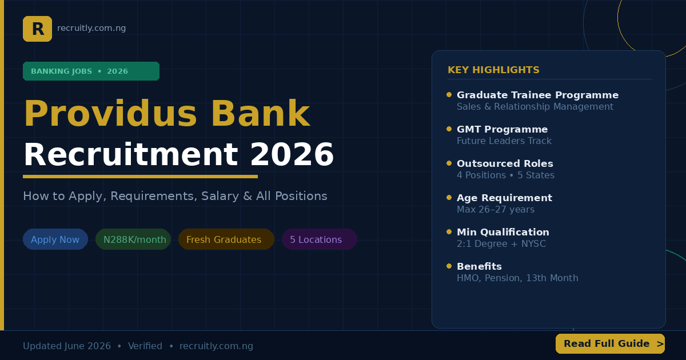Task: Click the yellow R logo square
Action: pos(37,29)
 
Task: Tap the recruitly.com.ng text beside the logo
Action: pos(91,28)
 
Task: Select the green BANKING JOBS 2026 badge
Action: pos(91,71)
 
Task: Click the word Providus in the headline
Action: pos(110,113)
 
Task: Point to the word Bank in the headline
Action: pos(261,113)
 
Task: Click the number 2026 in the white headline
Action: pos(292,154)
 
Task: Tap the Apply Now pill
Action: pos(55,239)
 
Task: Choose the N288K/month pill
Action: pos(133,239)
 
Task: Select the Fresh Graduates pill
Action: pos(226,239)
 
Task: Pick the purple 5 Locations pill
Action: pos(320,239)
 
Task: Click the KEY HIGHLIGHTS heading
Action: pos(493,70)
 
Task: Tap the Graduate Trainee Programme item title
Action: pos(537,95)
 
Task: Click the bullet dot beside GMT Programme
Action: pos(449,129)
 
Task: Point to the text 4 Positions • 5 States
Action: pos(505,175)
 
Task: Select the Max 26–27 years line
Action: pos(496,209)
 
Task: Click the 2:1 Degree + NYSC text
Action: pos(501,243)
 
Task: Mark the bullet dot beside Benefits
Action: pos(449,266)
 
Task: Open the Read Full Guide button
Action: pos(611,344)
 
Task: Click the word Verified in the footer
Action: pos(145,346)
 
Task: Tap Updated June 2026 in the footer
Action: pos(67,346)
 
